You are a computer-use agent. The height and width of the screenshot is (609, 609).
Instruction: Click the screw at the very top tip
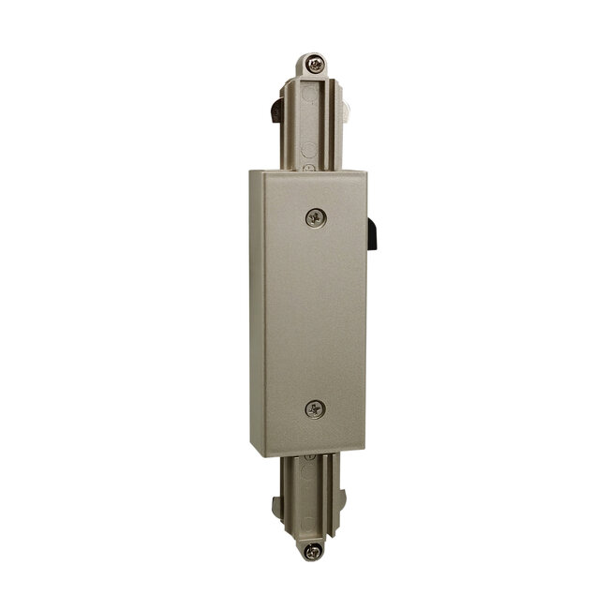(317, 65)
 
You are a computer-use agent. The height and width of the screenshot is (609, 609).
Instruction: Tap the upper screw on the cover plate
(316, 217)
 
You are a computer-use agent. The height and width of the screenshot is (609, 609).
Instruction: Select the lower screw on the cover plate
(316, 408)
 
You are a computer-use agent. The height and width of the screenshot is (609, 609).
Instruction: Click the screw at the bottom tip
(314, 551)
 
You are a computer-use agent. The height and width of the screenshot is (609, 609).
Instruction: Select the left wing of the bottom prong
(280, 507)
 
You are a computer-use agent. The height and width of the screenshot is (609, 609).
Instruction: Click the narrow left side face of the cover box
(255, 309)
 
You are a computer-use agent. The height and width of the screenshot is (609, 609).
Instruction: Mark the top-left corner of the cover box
(251, 170)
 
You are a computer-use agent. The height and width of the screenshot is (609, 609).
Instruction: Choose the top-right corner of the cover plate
(366, 171)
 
